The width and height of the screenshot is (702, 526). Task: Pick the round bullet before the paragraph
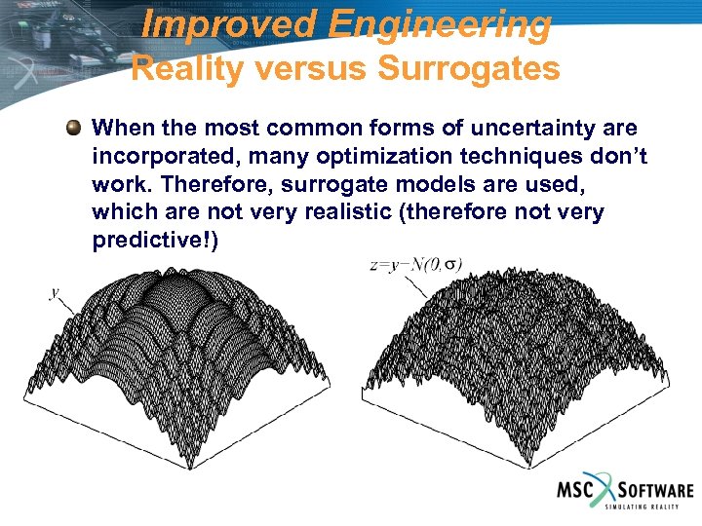[x=73, y=129]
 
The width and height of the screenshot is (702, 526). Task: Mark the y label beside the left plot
[x=55, y=291]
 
